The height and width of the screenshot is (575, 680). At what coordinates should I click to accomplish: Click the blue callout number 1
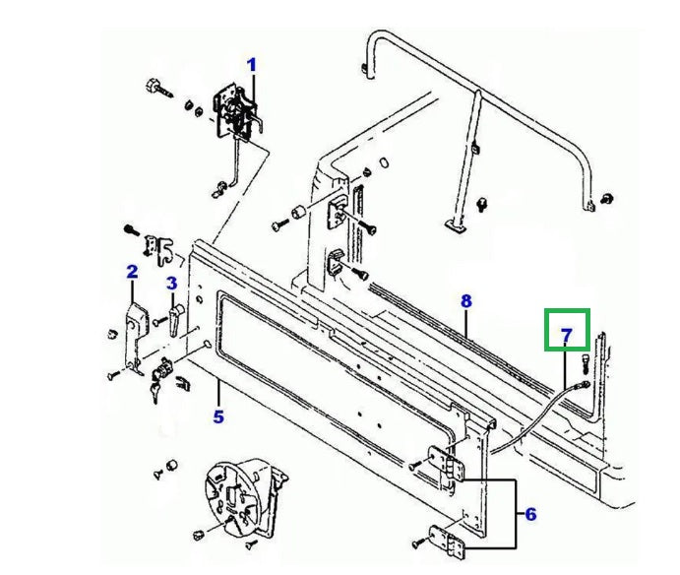[x=251, y=65]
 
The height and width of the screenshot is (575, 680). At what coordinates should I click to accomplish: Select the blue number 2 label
[x=131, y=271]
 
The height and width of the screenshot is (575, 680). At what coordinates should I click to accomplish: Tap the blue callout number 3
[x=171, y=284]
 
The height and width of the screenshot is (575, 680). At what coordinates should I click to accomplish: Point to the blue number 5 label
[x=217, y=416]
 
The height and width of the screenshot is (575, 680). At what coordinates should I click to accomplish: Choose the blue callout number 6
[x=529, y=514]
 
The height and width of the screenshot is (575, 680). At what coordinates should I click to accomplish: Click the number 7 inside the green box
[x=567, y=336]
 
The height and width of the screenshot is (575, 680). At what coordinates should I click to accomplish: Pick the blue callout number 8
[x=466, y=300]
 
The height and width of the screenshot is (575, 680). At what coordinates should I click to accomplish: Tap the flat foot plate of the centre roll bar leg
[x=456, y=226]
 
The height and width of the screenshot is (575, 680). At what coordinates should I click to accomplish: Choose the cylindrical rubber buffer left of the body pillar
[x=293, y=216]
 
